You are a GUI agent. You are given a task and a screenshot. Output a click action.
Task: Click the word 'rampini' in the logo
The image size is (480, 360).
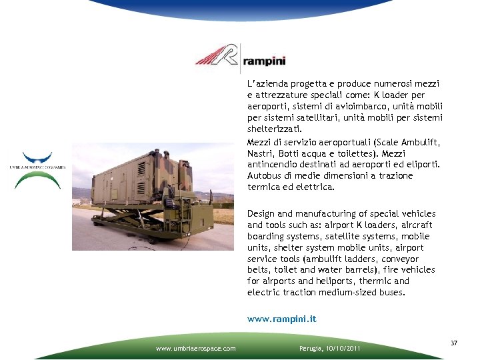[265, 61]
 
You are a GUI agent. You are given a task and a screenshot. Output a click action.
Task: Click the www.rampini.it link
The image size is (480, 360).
[281, 319]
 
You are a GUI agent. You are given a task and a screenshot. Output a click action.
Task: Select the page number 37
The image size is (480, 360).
[454, 343]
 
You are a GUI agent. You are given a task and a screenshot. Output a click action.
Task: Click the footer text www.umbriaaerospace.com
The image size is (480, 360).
[195, 349]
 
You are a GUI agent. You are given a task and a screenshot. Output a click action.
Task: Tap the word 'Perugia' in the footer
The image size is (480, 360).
[310, 349]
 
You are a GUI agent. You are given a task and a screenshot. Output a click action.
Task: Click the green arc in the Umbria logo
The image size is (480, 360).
[37, 179]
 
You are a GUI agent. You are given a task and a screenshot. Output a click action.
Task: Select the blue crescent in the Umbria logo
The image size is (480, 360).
[38, 159]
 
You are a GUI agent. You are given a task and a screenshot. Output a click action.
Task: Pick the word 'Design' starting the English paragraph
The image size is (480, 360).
[262, 213]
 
